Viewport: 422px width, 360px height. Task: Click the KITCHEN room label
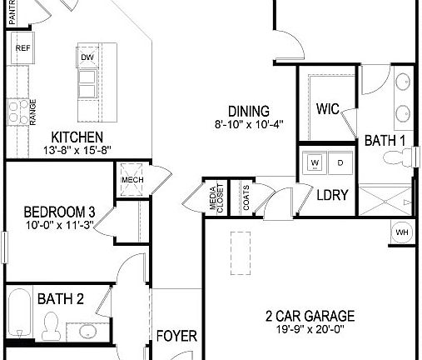point(77,137)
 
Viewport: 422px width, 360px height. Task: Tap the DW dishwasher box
point(87,57)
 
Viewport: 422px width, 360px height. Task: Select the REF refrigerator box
point(22,48)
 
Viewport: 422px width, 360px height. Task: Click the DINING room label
point(248,112)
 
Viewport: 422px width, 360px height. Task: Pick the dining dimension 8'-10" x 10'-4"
point(248,126)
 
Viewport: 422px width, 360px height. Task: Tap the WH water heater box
point(402,232)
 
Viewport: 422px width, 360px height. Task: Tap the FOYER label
point(177,337)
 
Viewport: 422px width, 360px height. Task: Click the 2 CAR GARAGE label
point(310,316)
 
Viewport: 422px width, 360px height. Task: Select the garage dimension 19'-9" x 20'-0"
point(310,330)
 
